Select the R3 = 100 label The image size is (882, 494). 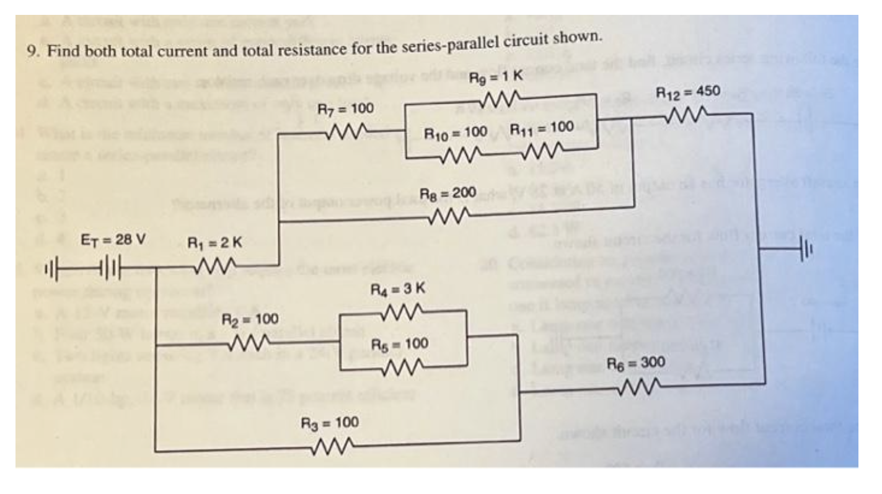(329, 423)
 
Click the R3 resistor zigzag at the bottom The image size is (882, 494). (333, 444)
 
